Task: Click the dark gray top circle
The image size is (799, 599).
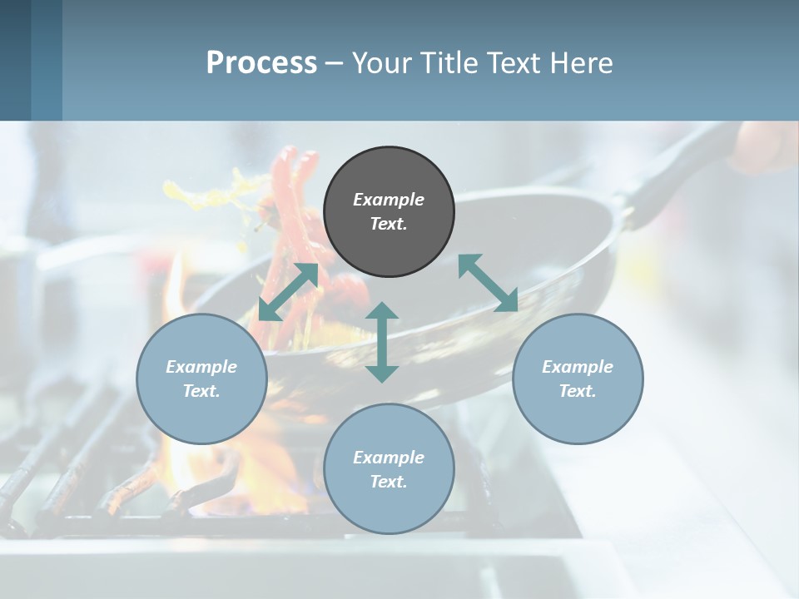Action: (x=389, y=212)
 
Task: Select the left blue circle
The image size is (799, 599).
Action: (x=201, y=379)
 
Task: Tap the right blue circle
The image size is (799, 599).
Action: (x=578, y=379)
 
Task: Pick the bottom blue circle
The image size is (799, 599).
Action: (x=389, y=469)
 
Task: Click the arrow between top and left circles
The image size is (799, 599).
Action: (x=288, y=292)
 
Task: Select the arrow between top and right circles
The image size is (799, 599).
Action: (x=488, y=283)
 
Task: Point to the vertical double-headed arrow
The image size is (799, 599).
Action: (x=382, y=342)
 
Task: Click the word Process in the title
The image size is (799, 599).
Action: (x=261, y=62)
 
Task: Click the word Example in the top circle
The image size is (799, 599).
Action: (x=389, y=200)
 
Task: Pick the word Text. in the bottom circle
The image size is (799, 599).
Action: (x=389, y=482)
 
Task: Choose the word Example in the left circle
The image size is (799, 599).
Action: (x=201, y=366)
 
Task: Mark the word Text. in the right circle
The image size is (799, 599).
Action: (x=578, y=391)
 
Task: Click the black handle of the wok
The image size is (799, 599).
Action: (x=666, y=179)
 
